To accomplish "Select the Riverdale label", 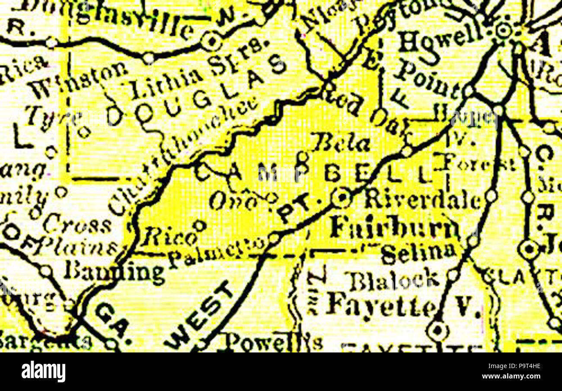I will (422, 200).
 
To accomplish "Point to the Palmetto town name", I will (216, 254).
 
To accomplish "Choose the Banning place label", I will (114, 271).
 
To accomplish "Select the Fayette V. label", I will (402, 306).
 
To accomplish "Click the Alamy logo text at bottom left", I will (43, 372).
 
